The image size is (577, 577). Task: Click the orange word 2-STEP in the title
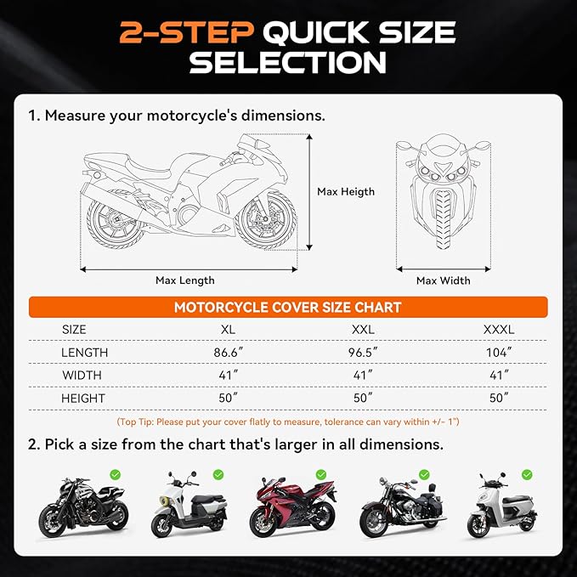point(187,33)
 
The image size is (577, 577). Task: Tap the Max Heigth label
point(346,192)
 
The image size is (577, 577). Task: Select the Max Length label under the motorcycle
point(185,280)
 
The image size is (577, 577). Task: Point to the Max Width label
point(443,280)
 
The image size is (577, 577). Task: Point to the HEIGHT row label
point(83,398)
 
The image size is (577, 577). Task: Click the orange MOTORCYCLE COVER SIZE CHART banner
point(287,307)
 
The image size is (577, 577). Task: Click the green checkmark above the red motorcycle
point(320,474)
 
